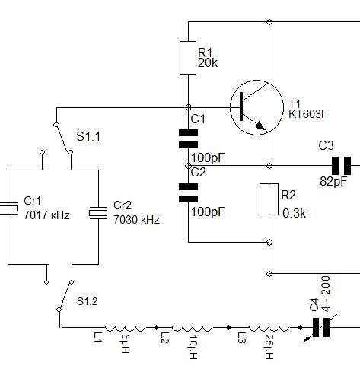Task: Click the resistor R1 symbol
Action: pos(188,58)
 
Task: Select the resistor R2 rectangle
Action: pos(269,199)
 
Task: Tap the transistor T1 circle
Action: pos(256,107)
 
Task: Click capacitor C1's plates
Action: pos(188,138)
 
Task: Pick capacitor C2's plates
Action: pos(188,192)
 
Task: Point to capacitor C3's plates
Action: pos(342,166)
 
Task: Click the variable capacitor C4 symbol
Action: pos(321,327)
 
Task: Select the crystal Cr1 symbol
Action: pos(8,208)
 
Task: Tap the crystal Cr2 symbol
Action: pos(98,212)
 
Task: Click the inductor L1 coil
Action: pos(126,329)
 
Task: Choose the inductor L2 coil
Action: pos(192,329)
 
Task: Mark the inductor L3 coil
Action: pos(269,329)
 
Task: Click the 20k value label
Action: pos(208,62)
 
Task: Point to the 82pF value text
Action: pos(333,181)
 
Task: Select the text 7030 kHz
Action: pos(136,220)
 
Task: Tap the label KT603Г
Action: pos(307,114)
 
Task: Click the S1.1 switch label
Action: pos(88,137)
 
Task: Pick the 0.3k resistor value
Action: pos(294,214)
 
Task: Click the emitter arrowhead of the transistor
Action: pos(260,126)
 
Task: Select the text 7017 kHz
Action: pos(46,215)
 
